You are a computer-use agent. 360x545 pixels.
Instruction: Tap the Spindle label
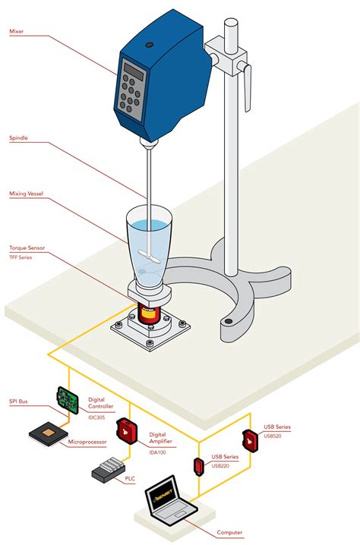(x=20, y=138)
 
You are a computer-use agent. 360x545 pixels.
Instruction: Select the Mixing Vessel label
(x=27, y=194)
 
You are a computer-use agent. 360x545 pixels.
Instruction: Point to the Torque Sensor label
(x=28, y=248)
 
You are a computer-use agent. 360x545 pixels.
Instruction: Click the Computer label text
(x=229, y=533)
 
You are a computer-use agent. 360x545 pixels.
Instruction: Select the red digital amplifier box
(x=126, y=430)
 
